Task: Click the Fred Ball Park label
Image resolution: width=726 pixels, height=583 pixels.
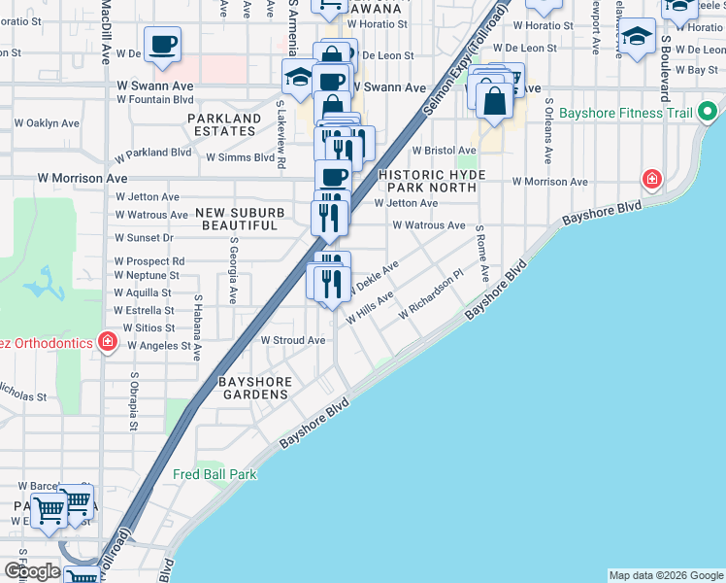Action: point(214,475)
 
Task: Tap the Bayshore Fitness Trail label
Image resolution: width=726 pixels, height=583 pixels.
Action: point(632,114)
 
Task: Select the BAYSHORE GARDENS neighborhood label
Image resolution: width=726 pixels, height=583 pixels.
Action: point(253,388)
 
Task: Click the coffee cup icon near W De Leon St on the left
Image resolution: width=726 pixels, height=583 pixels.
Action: point(164,44)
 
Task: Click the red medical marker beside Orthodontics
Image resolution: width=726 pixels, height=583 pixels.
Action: point(107,342)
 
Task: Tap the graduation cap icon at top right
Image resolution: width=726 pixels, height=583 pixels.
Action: point(638,38)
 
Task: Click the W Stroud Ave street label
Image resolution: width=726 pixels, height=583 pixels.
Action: point(293,341)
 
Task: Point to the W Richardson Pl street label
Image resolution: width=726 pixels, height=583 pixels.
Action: point(432,298)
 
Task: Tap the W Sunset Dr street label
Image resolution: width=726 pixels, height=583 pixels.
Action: point(144,238)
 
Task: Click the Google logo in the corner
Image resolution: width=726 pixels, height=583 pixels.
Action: point(32,570)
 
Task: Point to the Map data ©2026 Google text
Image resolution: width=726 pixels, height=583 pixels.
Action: point(665,575)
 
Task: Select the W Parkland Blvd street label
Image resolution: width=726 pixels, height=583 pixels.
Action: point(152,154)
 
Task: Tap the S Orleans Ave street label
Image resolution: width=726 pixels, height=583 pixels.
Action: point(548,130)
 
